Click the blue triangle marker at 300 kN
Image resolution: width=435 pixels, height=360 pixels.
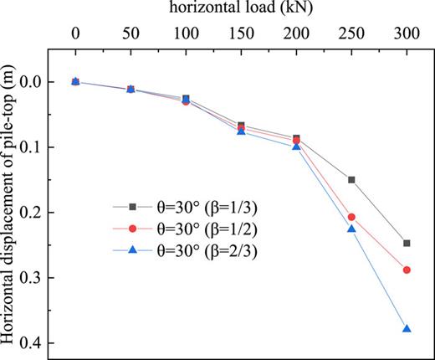click(x=407, y=329)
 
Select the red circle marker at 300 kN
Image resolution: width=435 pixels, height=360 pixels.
click(x=407, y=270)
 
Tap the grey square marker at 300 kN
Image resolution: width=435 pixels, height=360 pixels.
click(x=407, y=244)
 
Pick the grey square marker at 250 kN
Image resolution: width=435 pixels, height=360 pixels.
click(x=351, y=180)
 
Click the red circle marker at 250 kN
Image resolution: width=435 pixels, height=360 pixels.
click(x=351, y=217)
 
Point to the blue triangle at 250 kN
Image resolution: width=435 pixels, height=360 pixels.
click(x=351, y=229)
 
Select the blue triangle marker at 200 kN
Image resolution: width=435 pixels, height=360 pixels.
click(x=296, y=147)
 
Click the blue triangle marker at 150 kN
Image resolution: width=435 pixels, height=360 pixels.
click(x=241, y=131)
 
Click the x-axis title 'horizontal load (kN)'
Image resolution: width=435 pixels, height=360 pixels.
click(x=241, y=9)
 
